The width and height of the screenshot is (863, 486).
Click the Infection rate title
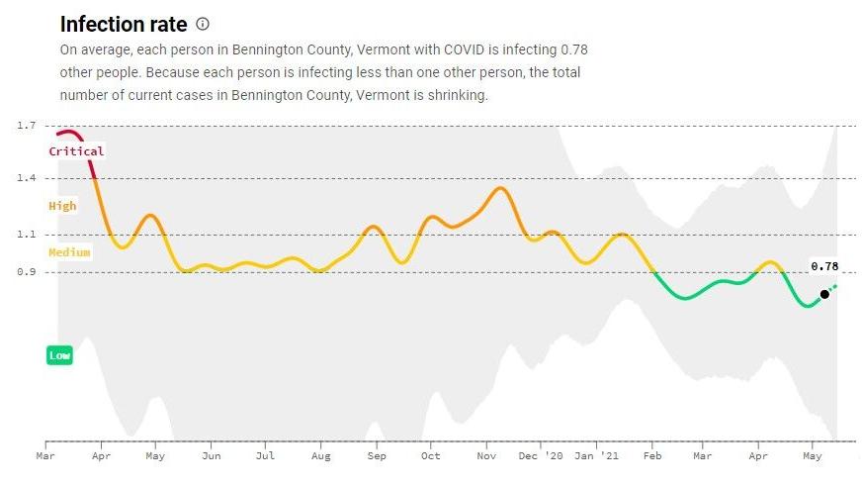click(x=124, y=24)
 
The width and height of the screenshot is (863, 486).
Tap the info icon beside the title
click(x=203, y=24)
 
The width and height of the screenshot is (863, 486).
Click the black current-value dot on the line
click(x=824, y=294)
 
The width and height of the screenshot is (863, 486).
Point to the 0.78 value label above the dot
click(x=824, y=266)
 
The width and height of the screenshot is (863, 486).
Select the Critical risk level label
click(x=76, y=151)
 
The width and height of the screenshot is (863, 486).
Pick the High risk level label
click(x=62, y=206)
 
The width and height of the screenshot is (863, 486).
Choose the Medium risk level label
click(x=69, y=252)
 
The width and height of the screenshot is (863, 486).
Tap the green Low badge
click(x=59, y=355)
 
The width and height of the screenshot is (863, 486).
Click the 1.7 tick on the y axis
click(x=27, y=126)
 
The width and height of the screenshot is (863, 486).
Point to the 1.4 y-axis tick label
click(x=27, y=178)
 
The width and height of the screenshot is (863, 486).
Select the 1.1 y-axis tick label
click(x=27, y=235)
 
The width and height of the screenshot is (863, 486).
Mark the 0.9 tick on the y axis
click(x=27, y=272)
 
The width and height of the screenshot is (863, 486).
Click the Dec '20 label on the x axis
click(x=540, y=456)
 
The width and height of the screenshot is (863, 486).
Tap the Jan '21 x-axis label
click(x=597, y=456)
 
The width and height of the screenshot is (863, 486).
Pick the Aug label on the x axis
click(x=319, y=456)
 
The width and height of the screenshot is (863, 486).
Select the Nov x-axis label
click(x=485, y=456)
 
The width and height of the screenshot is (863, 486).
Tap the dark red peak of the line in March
click(x=67, y=132)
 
